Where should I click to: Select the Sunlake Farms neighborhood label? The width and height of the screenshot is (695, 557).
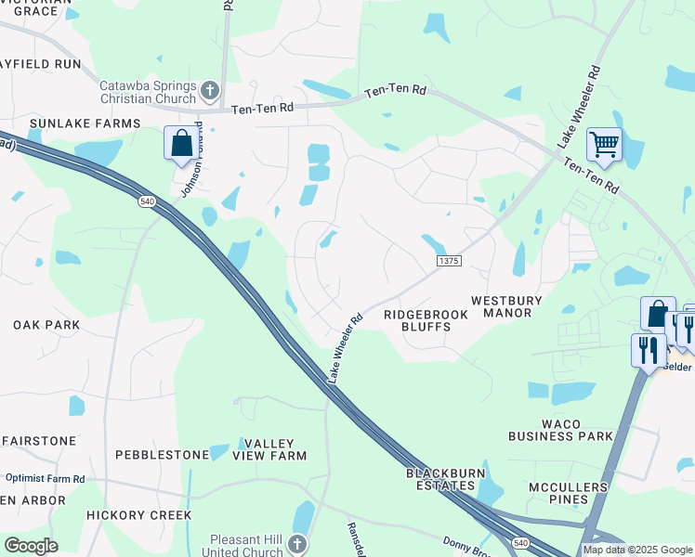click(85, 123)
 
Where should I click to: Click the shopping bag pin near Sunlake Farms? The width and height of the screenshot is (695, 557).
click(180, 144)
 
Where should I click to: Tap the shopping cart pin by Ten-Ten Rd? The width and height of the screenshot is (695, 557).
click(604, 145)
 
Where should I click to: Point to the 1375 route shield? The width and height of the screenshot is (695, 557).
click(449, 262)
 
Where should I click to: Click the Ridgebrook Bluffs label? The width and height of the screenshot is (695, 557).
click(426, 320)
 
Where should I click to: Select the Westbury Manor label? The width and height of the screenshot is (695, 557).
click(501, 306)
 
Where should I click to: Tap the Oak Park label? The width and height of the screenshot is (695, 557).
click(46, 325)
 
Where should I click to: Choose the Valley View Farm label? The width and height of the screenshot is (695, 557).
click(269, 450)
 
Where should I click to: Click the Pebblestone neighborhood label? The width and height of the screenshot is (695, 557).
click(162, 455)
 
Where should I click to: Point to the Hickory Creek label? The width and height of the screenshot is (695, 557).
click(138, 514)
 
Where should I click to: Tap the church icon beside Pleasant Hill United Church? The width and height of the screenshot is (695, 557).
click(296, 543)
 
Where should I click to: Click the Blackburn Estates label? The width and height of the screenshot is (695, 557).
click(446, 479)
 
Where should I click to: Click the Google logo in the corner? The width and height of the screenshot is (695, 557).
click(31, 546)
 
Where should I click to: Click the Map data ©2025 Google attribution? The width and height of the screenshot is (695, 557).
click(637, 550)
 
